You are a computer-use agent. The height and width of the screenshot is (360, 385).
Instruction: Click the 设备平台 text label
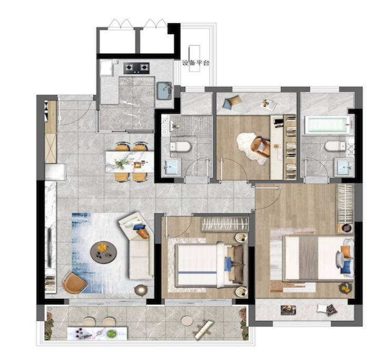pyautogui.click(x=195, y=63)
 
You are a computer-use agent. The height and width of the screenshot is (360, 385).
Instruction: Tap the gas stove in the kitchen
pyautogui.click(x=137, y=68)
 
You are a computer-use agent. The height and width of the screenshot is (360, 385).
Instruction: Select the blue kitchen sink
pyautogui.click(x=164, y=91)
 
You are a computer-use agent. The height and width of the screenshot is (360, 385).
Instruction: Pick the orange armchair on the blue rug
pyautogui.click(x=75, y=283)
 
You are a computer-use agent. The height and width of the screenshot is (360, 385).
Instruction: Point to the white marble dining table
pyautogui.click(x=130, y=162)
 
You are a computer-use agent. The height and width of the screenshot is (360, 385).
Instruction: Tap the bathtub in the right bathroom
pyautogui.click(x=327, y=125)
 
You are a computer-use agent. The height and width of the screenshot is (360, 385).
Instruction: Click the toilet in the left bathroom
pyautogui.click(x=181, y=147)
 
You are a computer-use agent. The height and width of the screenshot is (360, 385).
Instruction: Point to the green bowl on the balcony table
pyautogui.click(x=112, y=334)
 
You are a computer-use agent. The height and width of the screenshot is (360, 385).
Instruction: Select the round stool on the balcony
pyautogui.click(x=187, y=320)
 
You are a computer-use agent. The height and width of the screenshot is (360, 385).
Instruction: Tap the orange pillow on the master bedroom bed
pyautogui.click(x=345, y=252)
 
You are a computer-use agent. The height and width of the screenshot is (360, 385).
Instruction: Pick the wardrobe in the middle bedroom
pyautogui.click(x=225, y=224)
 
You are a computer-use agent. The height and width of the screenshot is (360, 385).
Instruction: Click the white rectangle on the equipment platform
pyautogui.click(x=194, y=58)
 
